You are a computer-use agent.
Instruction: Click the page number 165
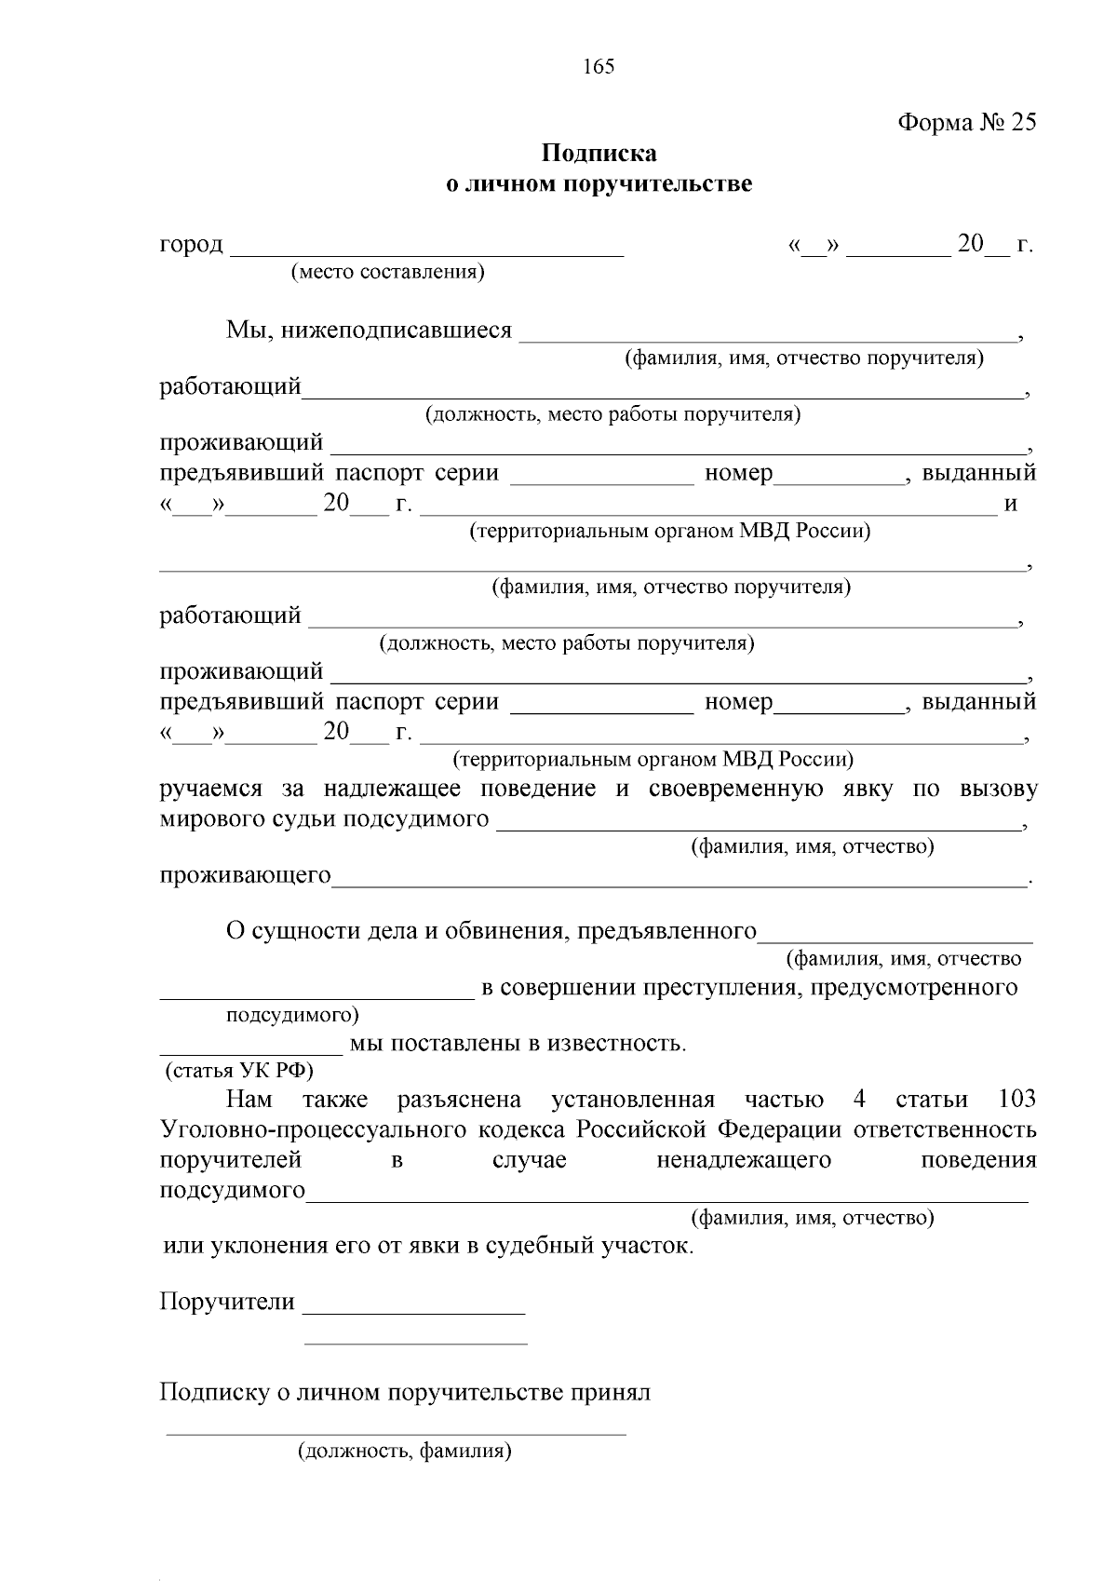(x=599, y=67)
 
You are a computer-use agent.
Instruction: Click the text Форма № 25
(x=966, y=123)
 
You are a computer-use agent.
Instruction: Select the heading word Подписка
(x=599, y=153)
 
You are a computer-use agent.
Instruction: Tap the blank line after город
(x=426, y=250)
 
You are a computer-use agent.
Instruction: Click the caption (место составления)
(x=387, y=272)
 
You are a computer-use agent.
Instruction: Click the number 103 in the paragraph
(x=1016, y=1100)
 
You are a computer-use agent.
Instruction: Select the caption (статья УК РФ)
(x=239, y=1070)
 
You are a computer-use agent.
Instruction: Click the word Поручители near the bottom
(x=227, y=1302)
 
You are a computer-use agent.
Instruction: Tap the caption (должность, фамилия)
(x=405, y=1451)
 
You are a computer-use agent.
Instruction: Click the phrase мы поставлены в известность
(x=518, y=1044)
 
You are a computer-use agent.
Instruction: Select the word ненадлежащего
(x=744, y=1161)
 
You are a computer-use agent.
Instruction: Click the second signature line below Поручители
(x=416, y=1343)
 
